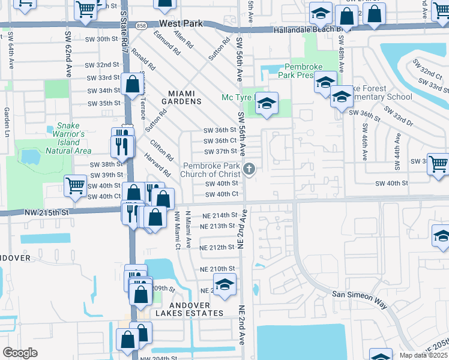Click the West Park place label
click(182, 24)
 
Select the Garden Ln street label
click(7, 120)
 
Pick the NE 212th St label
click(217, 247)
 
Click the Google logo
click(20, 353)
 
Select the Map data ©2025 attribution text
click(423, 355)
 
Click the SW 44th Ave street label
click(397, 147)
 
